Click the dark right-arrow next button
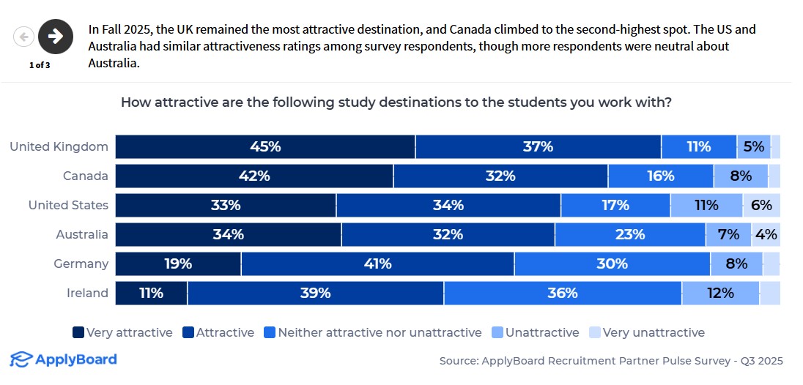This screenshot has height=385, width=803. (56, 36)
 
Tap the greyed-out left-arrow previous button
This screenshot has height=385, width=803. (24, 36)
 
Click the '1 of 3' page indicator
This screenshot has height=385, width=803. (40, 64)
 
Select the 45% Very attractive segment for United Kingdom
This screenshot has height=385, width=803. (265, 147)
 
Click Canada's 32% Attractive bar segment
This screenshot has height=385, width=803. (500, 176)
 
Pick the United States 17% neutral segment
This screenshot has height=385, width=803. (615, 206)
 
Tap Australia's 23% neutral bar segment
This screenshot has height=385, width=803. (630, 235)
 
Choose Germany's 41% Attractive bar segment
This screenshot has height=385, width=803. (377, 264)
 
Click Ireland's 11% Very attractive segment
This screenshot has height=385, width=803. (151, 294)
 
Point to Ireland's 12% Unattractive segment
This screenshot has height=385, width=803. (721, 294)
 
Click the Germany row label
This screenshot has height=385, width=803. (81, 264)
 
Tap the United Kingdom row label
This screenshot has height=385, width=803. (59, 147)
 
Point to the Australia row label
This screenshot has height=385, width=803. (82, 235)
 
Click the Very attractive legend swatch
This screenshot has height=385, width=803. (78, 333)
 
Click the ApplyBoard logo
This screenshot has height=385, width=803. (63, 359)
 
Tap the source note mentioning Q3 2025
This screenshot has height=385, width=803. (611, 361)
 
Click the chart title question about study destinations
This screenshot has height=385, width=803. (396, 102)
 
